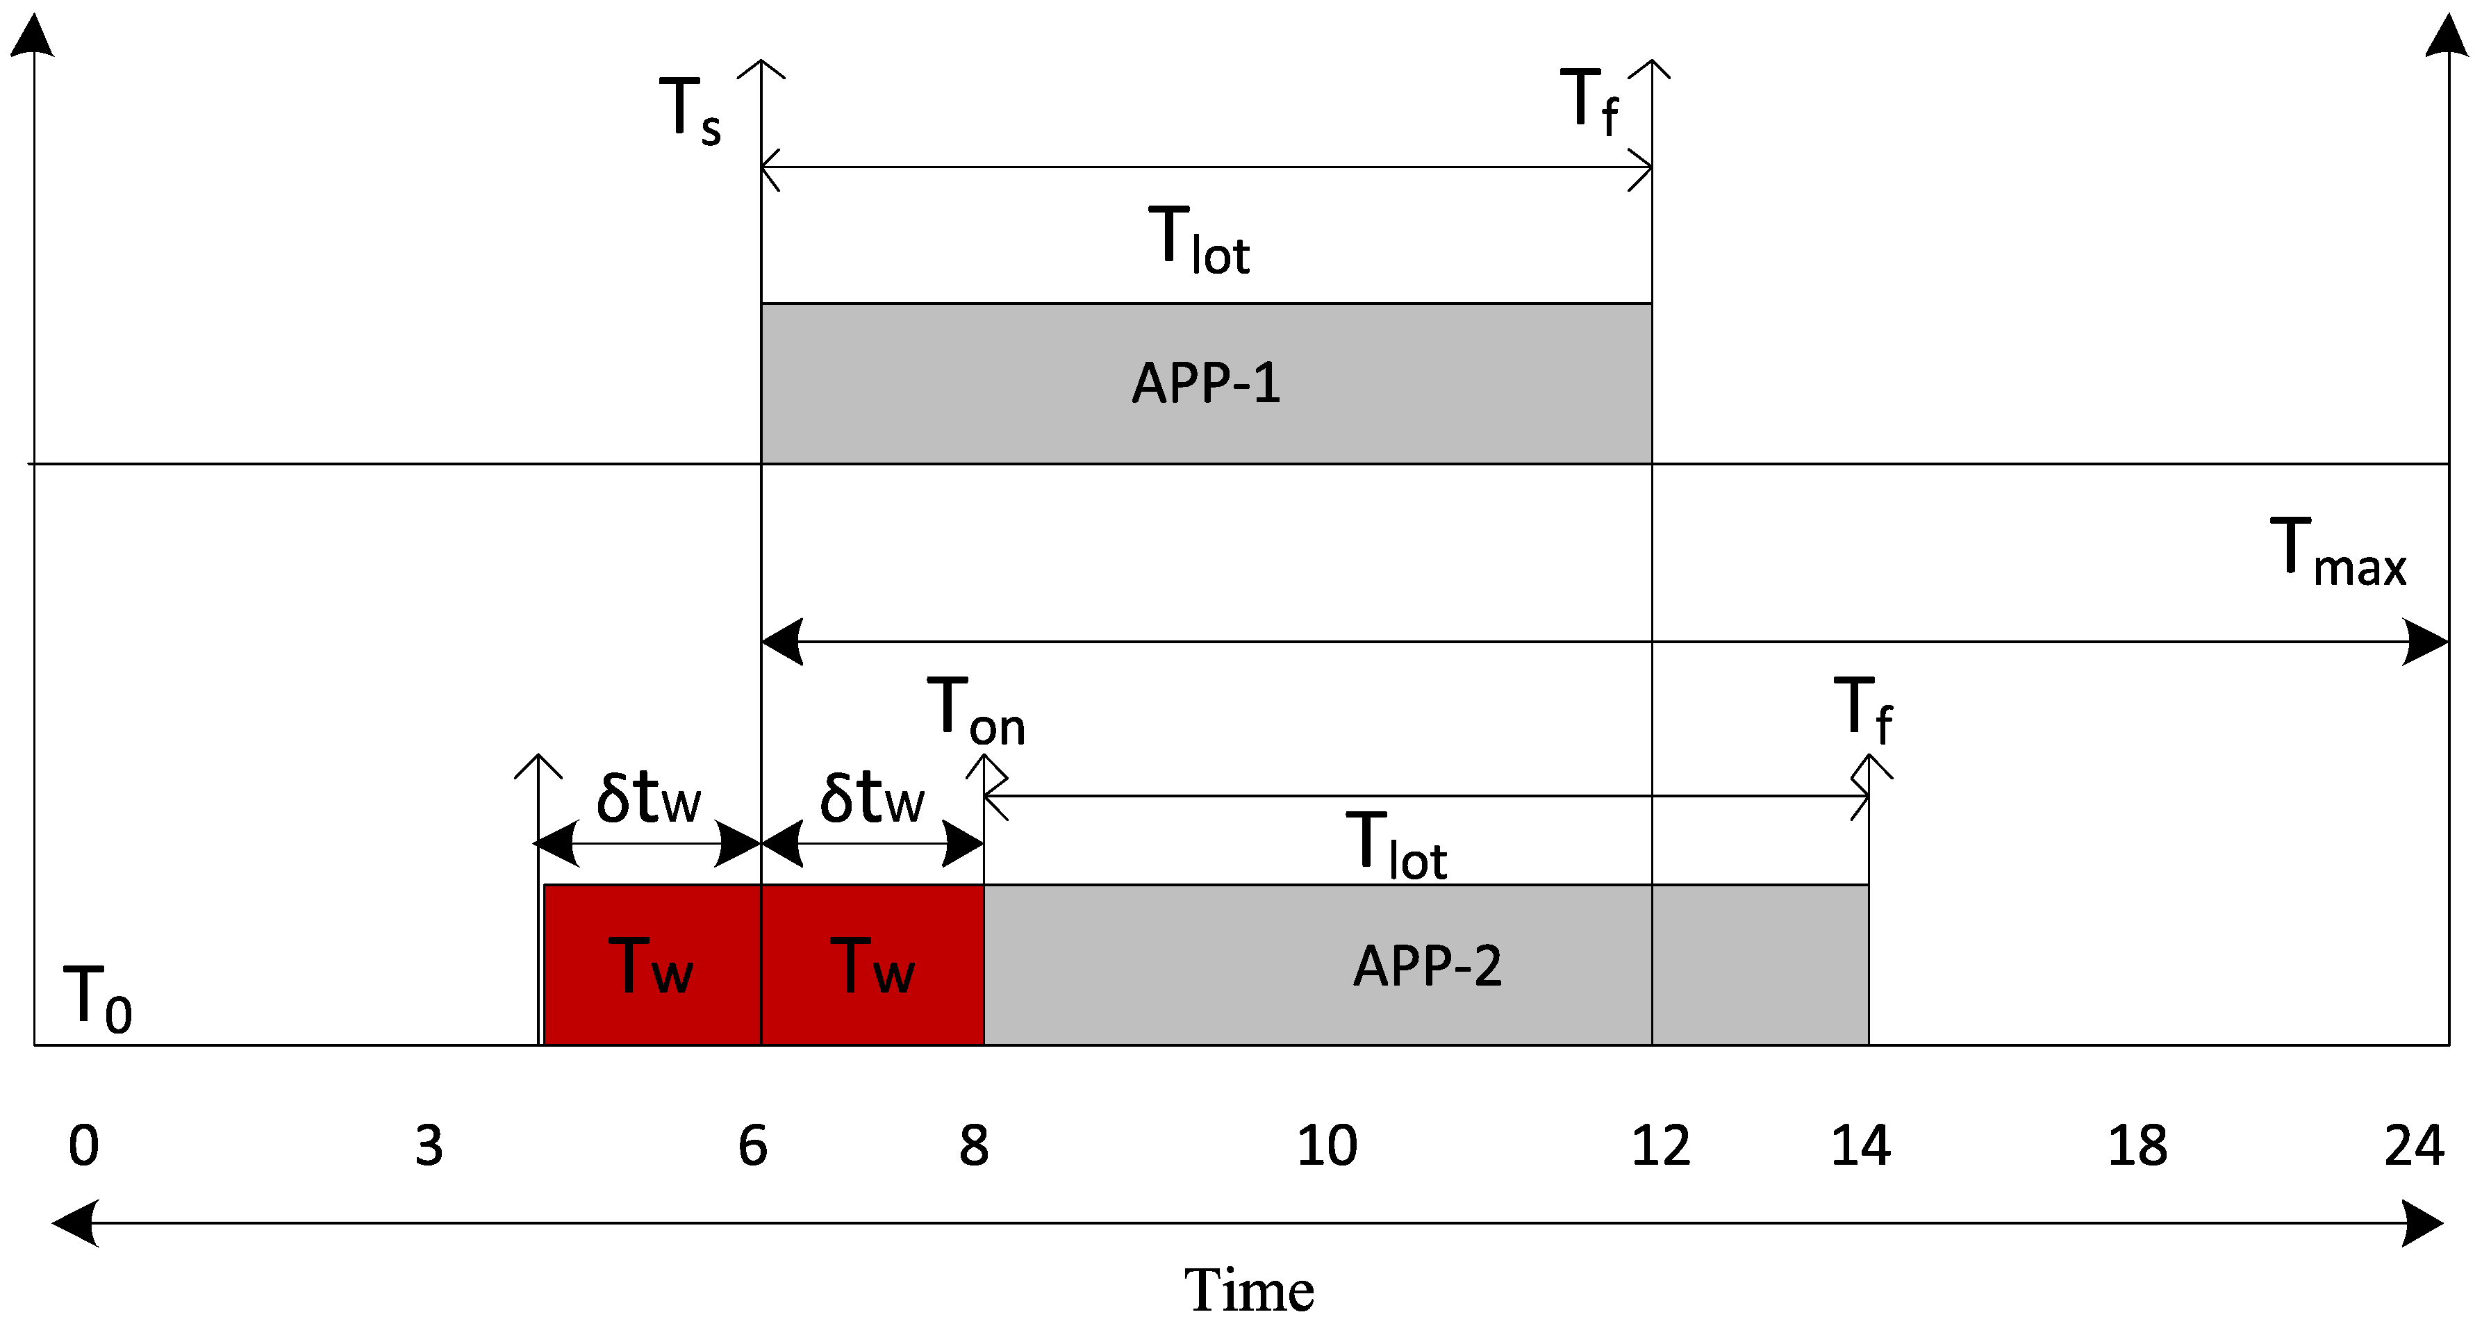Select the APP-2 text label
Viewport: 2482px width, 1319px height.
tap(1427, 965)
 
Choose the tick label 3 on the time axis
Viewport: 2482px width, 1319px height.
tap(429, 1145)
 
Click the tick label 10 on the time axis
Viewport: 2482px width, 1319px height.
tap(1327, 1145)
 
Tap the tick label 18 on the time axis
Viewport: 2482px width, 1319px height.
tap(2137, 1145)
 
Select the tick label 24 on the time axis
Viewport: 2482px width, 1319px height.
tap(2414, 1145)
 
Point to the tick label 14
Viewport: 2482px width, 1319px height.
tap(1860, 1145)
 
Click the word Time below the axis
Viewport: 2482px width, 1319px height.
tap(1249, 1289)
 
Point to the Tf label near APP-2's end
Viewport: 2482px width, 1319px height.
tap(1862, 710)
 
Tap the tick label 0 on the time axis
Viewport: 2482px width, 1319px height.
tap(84, 1145)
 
